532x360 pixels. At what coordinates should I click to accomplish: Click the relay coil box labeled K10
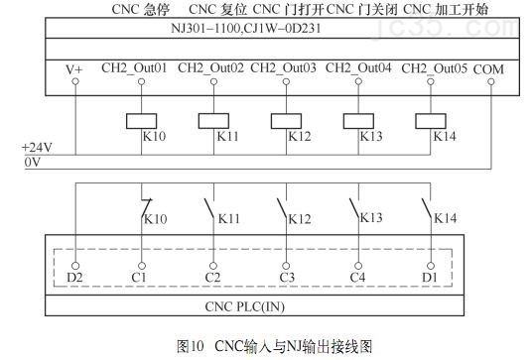tap(142, 121)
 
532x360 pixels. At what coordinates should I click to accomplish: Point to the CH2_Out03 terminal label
tap(283, 69)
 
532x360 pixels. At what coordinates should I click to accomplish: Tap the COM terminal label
tap(490, 69)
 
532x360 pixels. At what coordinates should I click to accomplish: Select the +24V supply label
tap(37, 147)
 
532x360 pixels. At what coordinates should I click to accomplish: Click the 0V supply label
tap(32, 161)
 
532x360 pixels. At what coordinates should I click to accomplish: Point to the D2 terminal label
tap(75, 277)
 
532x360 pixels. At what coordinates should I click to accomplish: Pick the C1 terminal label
tap(141, 277)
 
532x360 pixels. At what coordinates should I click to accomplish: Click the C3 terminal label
tap(286, 277)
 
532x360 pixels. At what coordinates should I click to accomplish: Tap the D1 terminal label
tap(429, 277)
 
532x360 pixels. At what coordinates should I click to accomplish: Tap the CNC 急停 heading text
tap(142, 9)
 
